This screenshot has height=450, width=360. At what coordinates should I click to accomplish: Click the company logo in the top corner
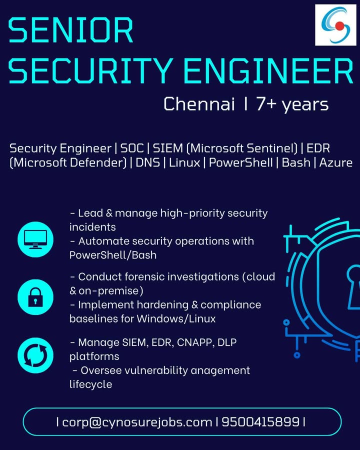(x=335, y=25)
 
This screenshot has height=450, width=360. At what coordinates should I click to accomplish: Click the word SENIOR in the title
(x=71, y=31)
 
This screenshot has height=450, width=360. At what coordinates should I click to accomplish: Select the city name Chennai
(x=199, y=104)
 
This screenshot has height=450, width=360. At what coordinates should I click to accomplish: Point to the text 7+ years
(x=292, y=104)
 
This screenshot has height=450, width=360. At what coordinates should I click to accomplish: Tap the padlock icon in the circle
(x=35, y=297)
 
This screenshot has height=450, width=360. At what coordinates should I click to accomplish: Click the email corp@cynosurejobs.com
(x=137, y=422)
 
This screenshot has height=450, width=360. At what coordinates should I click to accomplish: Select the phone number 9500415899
(x=260, y=422)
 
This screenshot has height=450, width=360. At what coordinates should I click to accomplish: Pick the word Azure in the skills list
(x=336, y=162)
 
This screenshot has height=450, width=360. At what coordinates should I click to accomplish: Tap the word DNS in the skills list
(x=147, y=162)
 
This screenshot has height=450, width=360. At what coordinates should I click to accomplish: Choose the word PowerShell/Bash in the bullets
(x=112, y=255)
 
